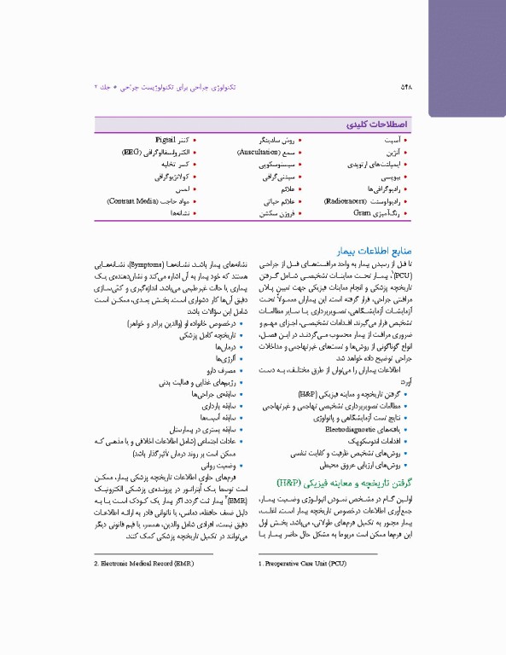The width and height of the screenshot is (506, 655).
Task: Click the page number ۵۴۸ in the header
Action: coord(407,88)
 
